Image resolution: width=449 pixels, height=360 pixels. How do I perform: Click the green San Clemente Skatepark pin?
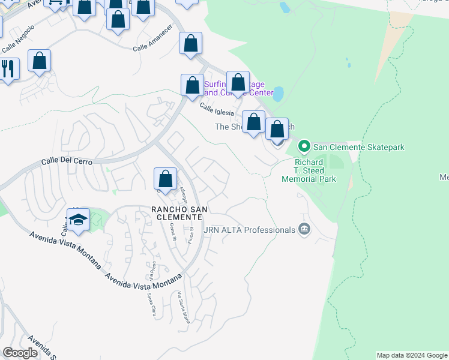pos(304,146)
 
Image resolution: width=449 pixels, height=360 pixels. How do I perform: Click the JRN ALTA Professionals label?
pos(250,229)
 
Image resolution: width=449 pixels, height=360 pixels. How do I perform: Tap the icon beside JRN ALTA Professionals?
pos(304,229)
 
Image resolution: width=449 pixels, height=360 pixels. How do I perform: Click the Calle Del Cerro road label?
pos(65,161)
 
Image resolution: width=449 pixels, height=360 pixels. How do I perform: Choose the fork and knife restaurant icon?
pos(8,68)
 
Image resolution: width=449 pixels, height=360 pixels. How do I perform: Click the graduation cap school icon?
pos(79,221)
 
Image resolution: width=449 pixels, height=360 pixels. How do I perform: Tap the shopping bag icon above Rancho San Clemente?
pos(166,179)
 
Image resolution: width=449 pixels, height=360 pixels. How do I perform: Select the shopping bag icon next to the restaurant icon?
pos(40,61)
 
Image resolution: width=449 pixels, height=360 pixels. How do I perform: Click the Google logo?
pos(20,353)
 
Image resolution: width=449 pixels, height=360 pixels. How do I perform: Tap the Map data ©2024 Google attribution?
pos(412,355)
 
